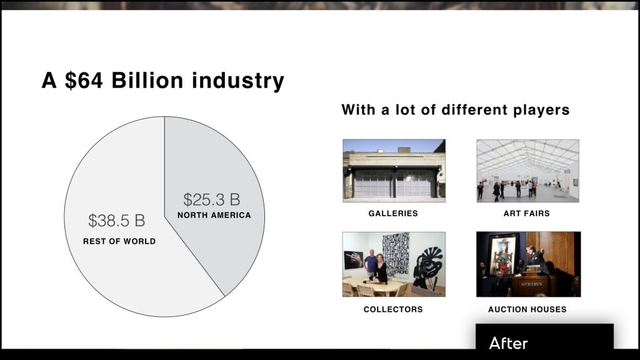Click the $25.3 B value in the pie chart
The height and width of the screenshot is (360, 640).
[211, 199]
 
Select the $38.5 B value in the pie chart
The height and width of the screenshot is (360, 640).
[117, 221]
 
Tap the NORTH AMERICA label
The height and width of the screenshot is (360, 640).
[214, 215]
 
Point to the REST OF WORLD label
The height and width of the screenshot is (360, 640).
[119, 241]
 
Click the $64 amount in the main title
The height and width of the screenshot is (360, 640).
[84, 80]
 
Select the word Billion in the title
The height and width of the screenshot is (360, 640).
[147, 80]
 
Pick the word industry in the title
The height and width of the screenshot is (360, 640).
[238, 81]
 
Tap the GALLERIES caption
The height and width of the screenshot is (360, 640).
[393, 214]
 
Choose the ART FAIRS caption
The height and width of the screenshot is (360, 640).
[526, 214]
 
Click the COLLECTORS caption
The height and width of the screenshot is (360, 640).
[393, 309]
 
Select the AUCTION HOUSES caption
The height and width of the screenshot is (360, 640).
[527, 309]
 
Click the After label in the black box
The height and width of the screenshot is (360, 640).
[508, 343]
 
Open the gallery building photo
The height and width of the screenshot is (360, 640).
[394, 171]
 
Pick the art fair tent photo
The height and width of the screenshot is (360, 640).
[527, 171]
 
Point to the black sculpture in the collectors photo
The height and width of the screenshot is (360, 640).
[427, 268]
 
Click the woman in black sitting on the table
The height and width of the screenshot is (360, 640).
[380, 269]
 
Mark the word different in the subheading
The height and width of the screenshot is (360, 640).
[475, 110]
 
